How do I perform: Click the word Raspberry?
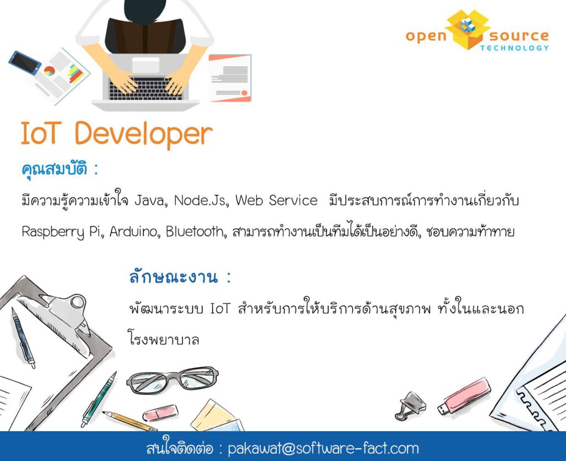[53, 232]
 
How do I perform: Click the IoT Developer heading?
[117, 134]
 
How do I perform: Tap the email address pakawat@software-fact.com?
[323, 449]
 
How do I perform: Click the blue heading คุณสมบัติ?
[55, 169]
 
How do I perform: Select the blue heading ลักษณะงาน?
[174, 277]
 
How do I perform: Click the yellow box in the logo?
[468, 30]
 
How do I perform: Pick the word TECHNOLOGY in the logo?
[515, 48]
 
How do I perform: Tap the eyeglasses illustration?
[172, 379]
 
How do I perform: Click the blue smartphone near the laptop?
[25, 62]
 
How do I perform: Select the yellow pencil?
[129, 421]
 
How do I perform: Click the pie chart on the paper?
[49, 71]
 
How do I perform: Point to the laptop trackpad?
[146, 65]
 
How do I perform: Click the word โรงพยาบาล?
[164, 339]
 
